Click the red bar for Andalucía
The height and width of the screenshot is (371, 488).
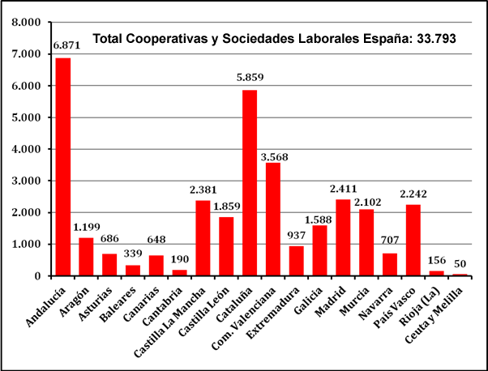click(x=62, y=167)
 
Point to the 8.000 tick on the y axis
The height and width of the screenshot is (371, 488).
click(x=26, y=22)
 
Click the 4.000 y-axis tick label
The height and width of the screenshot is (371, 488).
click(x=26, y=149)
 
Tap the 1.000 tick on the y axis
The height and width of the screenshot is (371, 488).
click(x=26, y=244)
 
